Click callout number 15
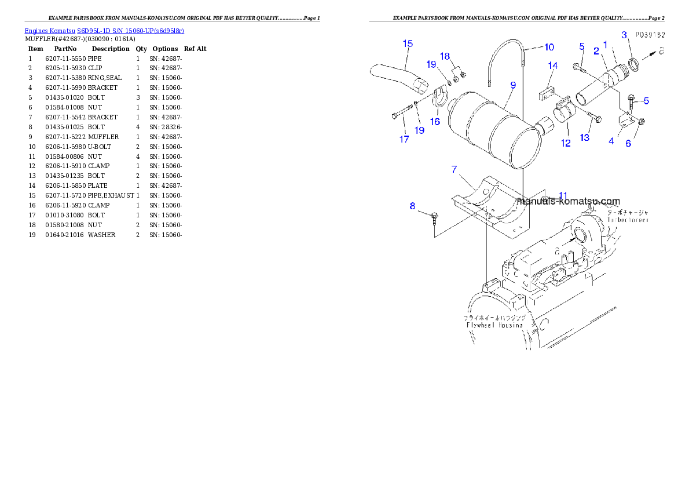tap(408, 43)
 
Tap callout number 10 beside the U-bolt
tap(549, 47)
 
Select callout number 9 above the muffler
tap(513, 85)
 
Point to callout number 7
tap(455, 169)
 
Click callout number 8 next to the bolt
tap(412, 206)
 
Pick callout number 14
tap(552, 66)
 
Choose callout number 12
tap(566, 143)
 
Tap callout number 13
tap(585, 137)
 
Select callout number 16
tap(435, 122)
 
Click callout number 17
tap(404, 139)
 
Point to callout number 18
tap(445, 56)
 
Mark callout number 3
tap(624, 35)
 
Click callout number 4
tap(611, 141)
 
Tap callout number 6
tap(628, 144)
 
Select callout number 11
tap(563, 195)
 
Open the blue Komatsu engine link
tap(104, 31)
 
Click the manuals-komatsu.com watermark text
tap(568, 202)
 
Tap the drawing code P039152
tap(649, 35)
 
